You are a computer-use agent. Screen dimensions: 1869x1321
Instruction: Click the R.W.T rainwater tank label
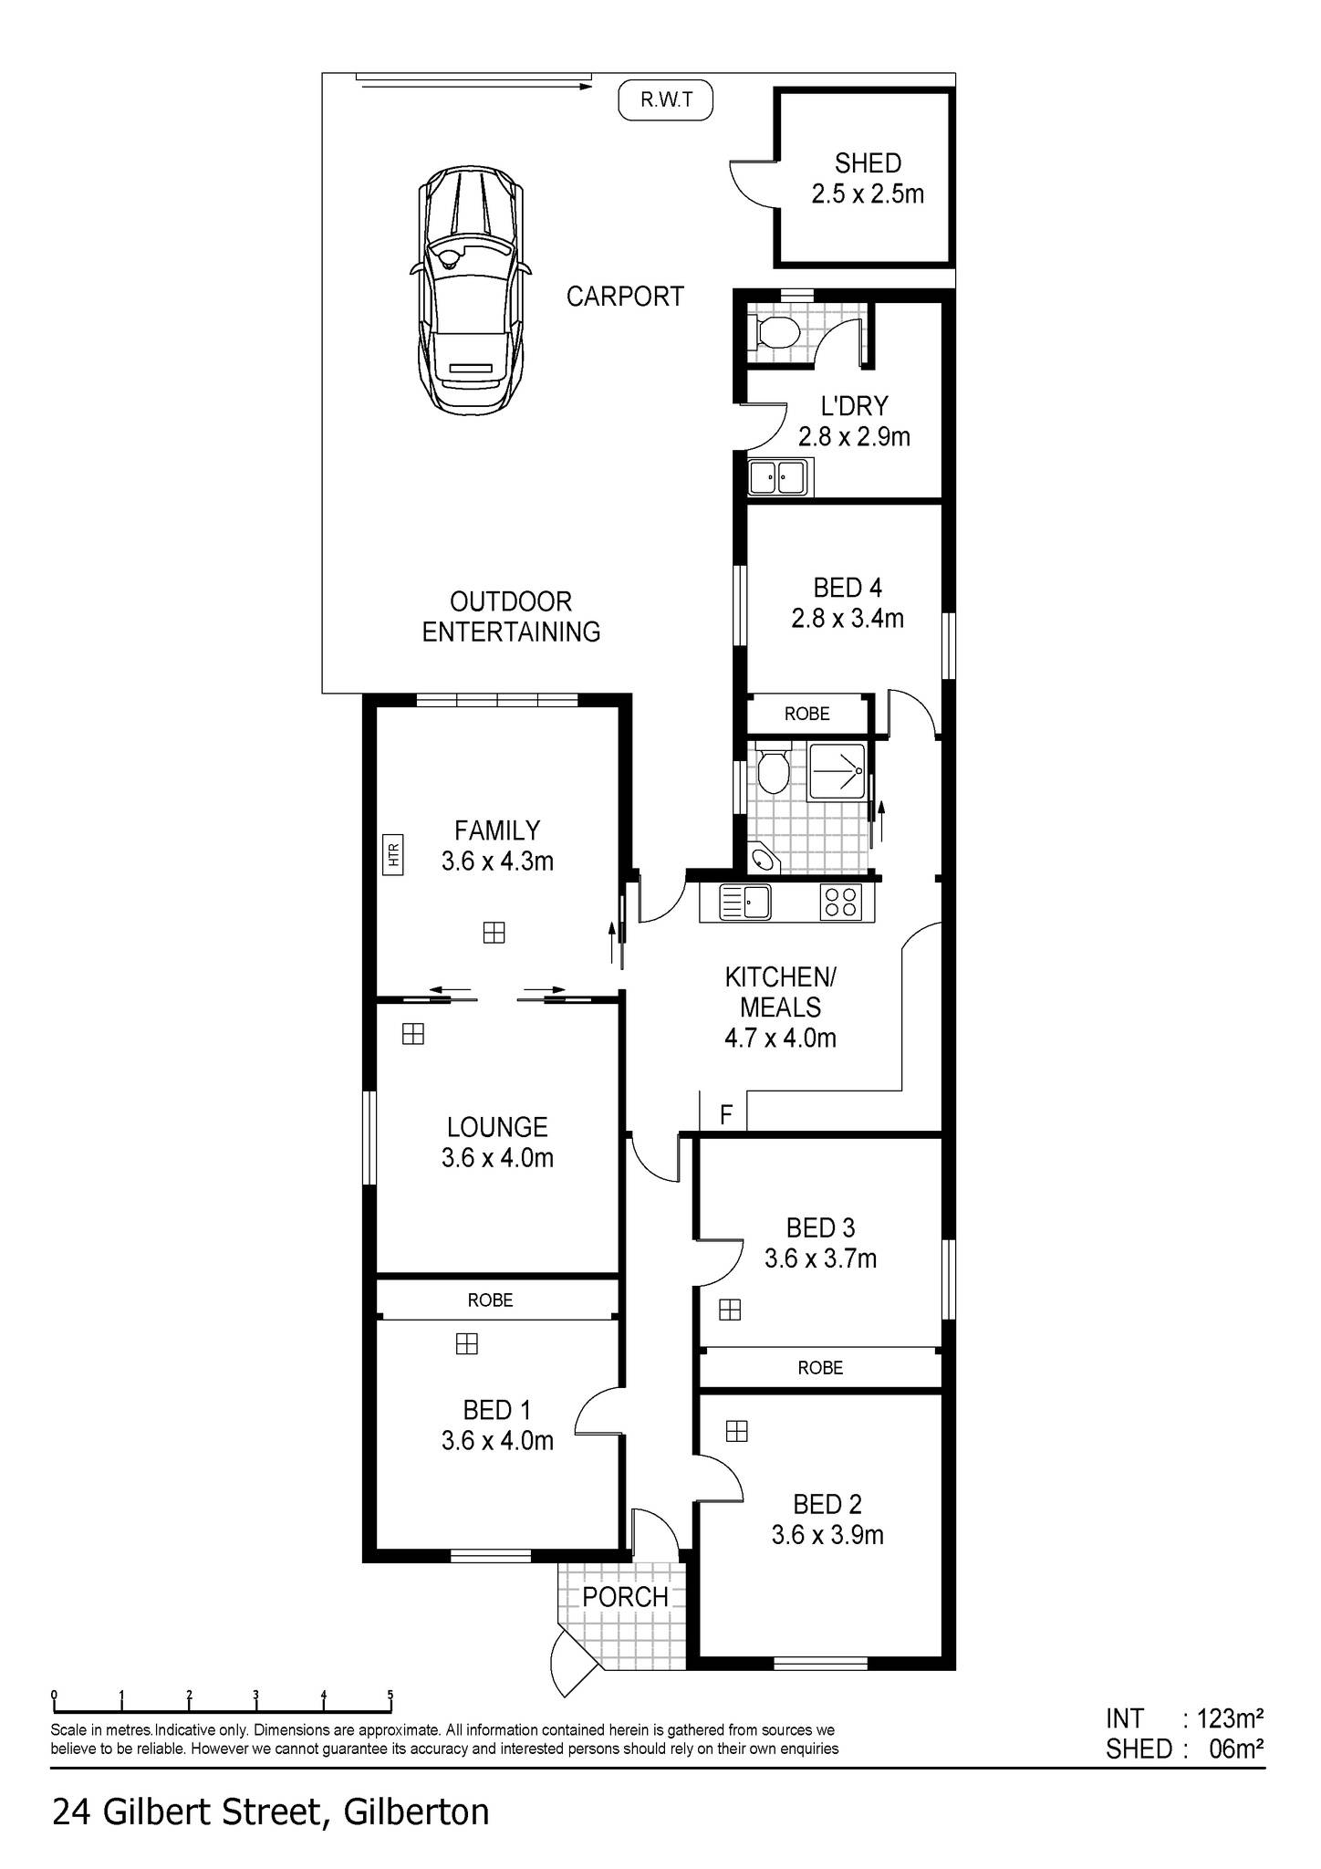[665, 100]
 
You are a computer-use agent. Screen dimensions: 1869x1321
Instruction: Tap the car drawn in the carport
[471, 290]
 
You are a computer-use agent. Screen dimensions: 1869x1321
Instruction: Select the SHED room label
[868, 163]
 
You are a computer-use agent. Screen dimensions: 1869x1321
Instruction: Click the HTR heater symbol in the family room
[393, 854]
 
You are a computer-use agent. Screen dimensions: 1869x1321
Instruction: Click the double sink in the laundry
[778, 476]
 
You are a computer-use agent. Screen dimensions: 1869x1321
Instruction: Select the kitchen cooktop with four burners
[840, 902]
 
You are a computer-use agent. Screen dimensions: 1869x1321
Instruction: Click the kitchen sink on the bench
[745, 903]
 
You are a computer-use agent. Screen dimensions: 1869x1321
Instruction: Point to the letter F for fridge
[726, 1114]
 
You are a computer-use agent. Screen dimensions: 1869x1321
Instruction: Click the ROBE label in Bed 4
[806, 714]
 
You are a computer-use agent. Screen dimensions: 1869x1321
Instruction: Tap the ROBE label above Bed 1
[490, 1300]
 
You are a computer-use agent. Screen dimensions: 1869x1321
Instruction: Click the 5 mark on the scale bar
[390, 1696]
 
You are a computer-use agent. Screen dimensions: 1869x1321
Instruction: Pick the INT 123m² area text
[1183, 1718]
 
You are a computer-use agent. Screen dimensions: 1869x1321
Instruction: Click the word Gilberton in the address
[415, 1812]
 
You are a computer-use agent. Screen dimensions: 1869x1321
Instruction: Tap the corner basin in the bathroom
[762, 859]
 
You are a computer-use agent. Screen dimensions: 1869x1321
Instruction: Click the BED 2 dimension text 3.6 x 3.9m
[827, 1534]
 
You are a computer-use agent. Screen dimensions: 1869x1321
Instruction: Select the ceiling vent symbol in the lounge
[413, 1034]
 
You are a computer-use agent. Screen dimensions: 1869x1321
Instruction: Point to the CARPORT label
[625, 297]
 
